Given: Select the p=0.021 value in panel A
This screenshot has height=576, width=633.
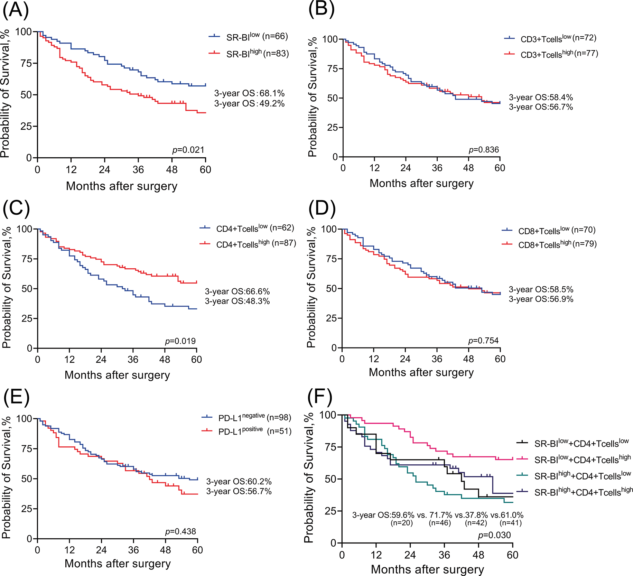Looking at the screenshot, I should pyautogui.click(x=188, y=150).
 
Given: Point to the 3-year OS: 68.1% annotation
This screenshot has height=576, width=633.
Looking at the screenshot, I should pyautogui.click(x=249, y=93).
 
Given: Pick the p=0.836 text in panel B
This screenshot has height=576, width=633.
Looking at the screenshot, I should pyautogui.click(x=484, y=150).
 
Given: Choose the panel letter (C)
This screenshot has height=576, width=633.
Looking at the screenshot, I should pyautogui.click(x=16, y=208).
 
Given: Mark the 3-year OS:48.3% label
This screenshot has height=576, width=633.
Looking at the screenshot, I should pyautogui.click(x=237, y=301).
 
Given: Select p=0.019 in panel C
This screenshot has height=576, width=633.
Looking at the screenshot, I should pyautogui.click(x=180, y=341).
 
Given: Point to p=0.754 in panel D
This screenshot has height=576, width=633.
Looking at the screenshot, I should pyautogui.click(x=483, y=341).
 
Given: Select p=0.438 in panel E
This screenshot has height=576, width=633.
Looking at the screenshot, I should pyautogui.click(x=180, y=531).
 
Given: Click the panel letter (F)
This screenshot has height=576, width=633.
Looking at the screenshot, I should pyautogui.click(x=319, y=398).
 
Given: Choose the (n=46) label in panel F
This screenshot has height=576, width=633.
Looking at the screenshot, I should pyautogui.click(x=440, y=523).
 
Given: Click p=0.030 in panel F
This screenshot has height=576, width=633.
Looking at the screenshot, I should pyautogui.click(x=494, y=536).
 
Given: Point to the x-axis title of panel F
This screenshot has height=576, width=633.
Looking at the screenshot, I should pyautogui.click(x=427, y=569).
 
